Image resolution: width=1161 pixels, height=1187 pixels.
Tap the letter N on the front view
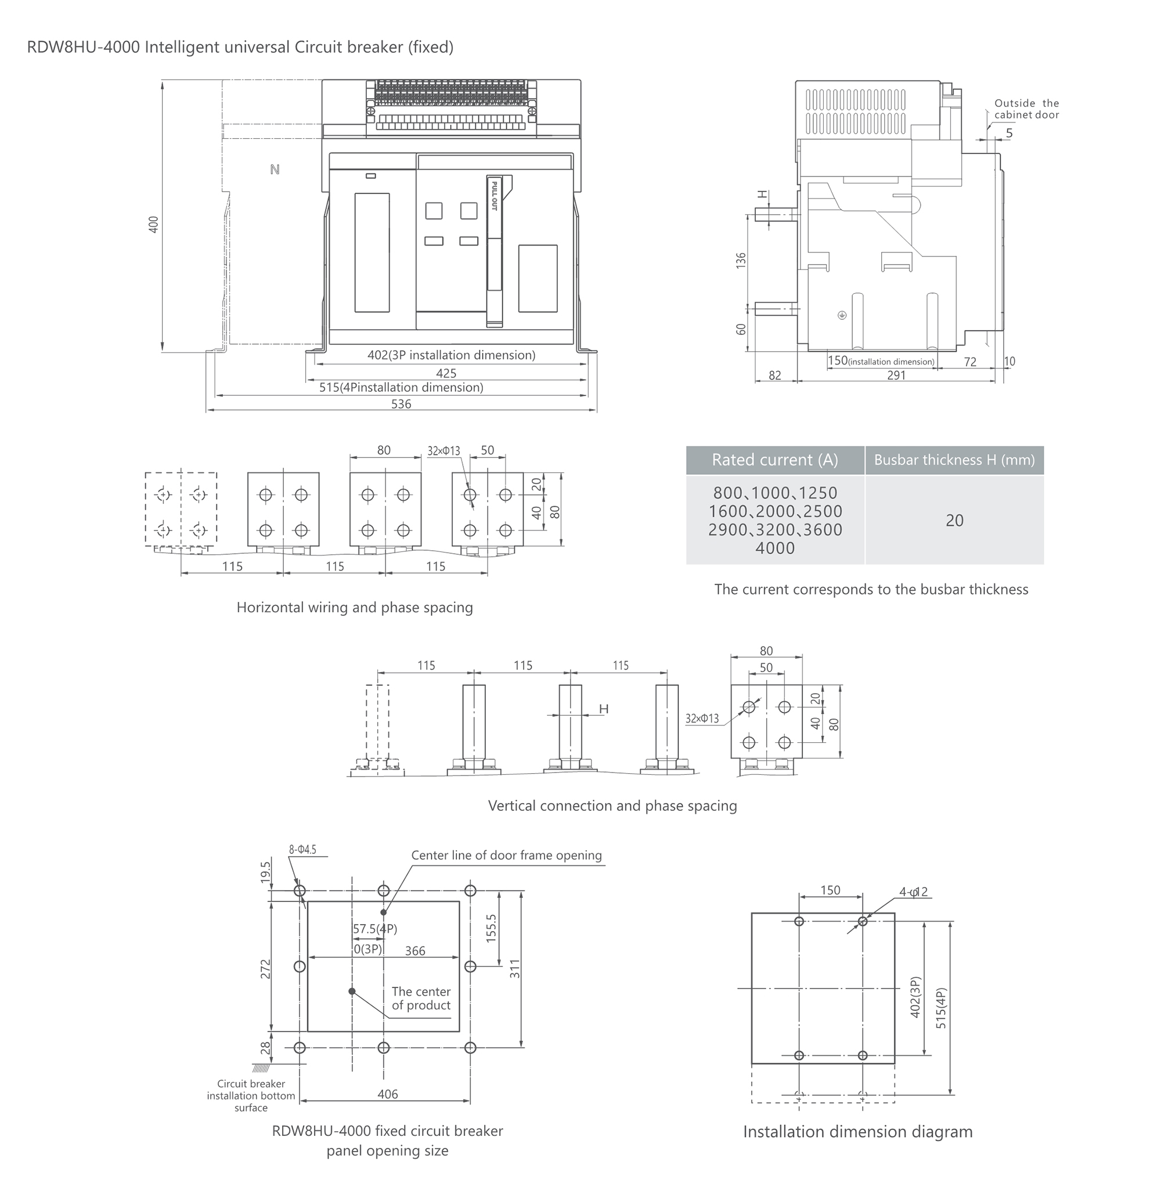point(275,169)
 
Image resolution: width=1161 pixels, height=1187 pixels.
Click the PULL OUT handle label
point(495,196)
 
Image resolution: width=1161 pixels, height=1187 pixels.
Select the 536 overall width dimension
point(401,403)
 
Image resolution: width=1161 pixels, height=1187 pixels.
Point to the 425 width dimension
point(446,373)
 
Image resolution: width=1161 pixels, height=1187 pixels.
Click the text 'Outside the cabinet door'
point(1027,109)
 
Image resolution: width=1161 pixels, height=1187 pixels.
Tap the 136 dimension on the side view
point(741,260)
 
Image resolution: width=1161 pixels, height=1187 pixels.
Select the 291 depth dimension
point(896,376)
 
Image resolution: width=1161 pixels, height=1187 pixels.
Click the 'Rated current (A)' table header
point(775,460)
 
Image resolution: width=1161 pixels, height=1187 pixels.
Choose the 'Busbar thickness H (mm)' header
point(954,460)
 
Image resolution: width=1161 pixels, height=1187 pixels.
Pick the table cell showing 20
point(954,520)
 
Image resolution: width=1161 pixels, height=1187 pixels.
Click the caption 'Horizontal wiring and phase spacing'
point(354,607)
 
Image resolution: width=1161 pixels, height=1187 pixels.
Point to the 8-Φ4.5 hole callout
point(302,849)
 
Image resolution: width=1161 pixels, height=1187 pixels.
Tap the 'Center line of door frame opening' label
point(506,855)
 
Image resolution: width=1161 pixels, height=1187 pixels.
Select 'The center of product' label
point(421,998)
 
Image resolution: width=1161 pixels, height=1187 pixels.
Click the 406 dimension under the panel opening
point(388,1094)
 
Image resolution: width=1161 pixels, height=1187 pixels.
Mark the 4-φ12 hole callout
point(914,892)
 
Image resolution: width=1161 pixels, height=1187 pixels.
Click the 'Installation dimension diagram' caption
point(858,1131)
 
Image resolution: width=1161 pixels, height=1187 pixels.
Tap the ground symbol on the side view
point(842,315)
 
